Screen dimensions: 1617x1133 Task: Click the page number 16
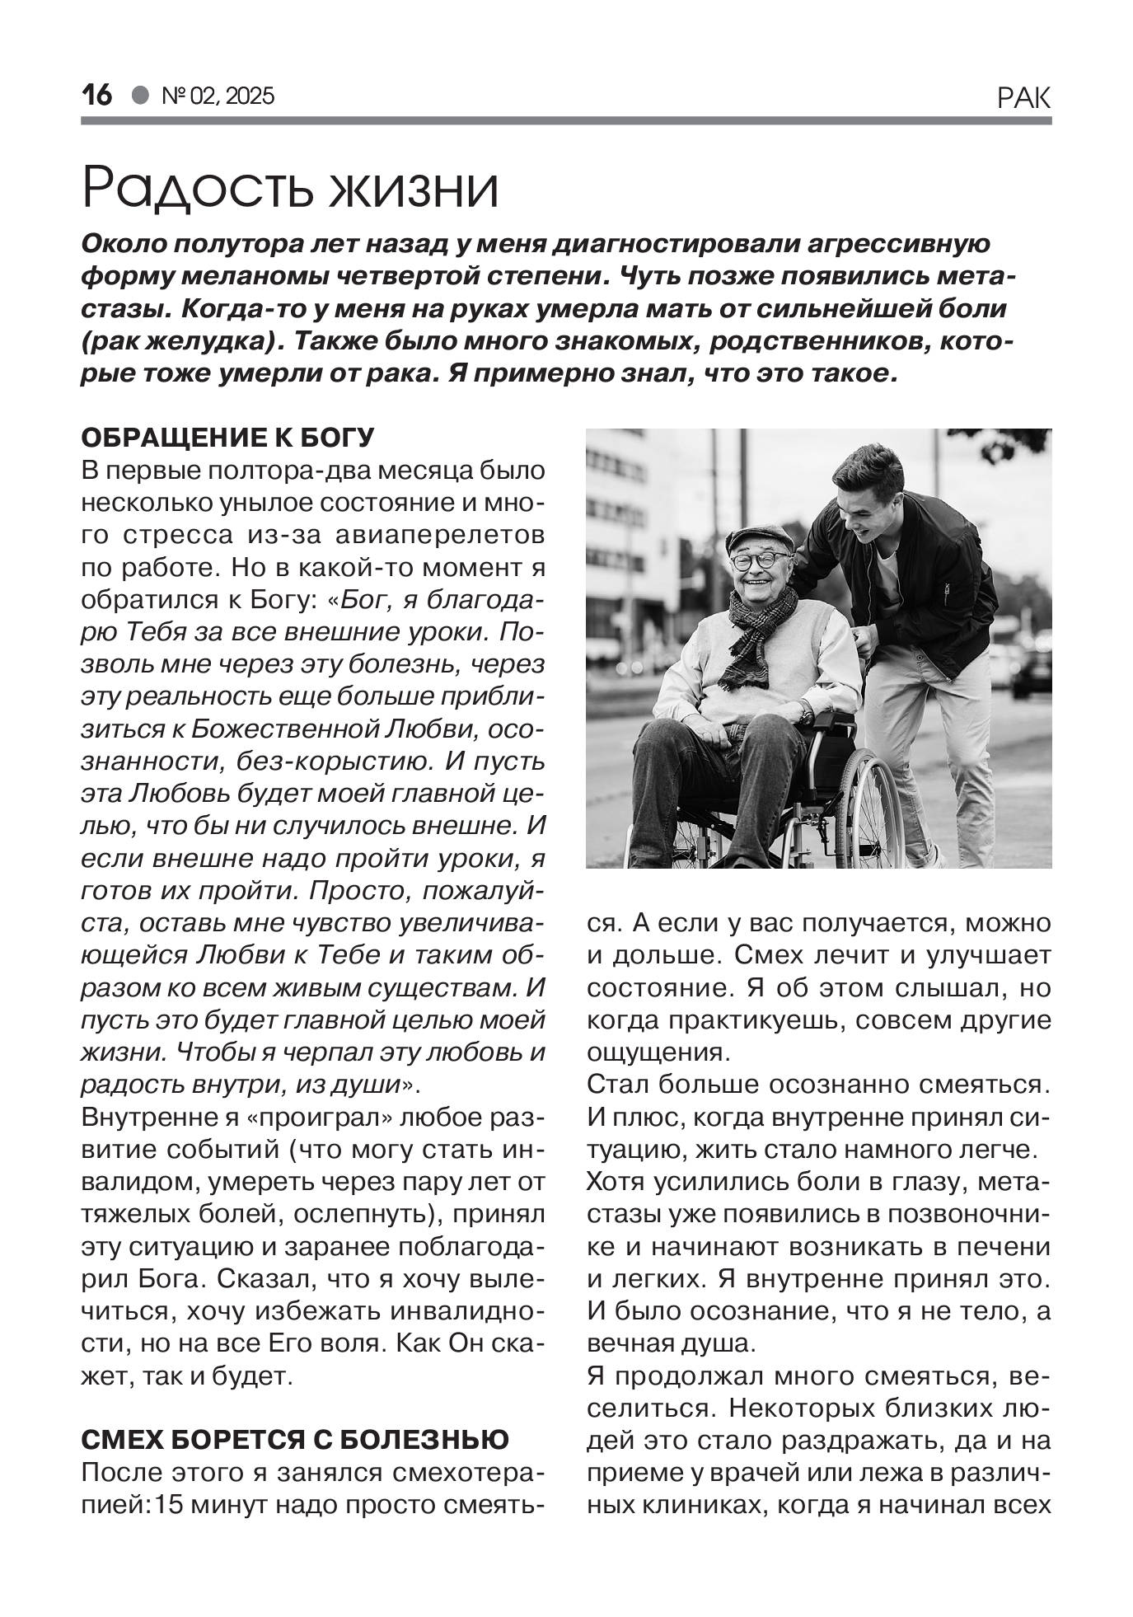tap(96, 96)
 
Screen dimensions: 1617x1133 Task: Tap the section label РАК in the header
tap(1023, 98)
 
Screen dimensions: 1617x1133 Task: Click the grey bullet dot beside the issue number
tap(141, 96)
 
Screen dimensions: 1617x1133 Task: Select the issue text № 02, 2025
tap(218, 96)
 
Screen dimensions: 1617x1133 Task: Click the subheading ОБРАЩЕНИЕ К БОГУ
tap(228, 437)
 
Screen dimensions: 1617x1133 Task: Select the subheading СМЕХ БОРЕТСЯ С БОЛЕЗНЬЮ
tap(295, 1439)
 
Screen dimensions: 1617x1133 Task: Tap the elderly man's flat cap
tap(759, 537)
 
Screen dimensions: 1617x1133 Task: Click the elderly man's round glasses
tap(757, 561)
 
